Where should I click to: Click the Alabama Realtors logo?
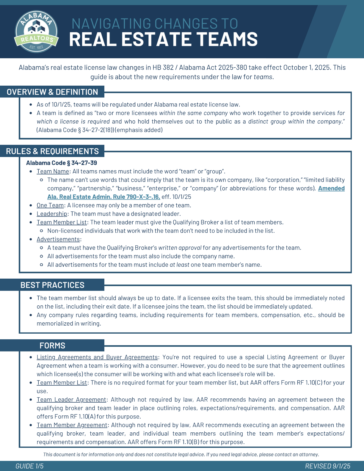coord(36,32)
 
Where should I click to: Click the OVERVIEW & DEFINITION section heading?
coord(52,92)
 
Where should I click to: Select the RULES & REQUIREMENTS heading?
coord(52,151)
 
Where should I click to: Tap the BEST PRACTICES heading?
coord(52,285)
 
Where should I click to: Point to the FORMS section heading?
coord(52,346)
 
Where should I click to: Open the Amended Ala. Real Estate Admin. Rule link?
coord(103,197)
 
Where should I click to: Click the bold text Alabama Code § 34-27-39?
coord(62,163)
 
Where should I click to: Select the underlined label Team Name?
coord(53,172)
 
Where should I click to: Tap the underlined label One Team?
coord(50,205)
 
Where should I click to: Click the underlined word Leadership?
coord(52,214)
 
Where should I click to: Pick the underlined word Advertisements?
coord(58,239)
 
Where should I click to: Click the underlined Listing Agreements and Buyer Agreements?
coord(97,357)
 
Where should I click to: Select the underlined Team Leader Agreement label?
coord(71,400)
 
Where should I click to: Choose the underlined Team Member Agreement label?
coord(72,425)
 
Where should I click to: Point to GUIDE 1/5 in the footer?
coord(29,466)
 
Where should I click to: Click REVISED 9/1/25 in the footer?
coord(327,466)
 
